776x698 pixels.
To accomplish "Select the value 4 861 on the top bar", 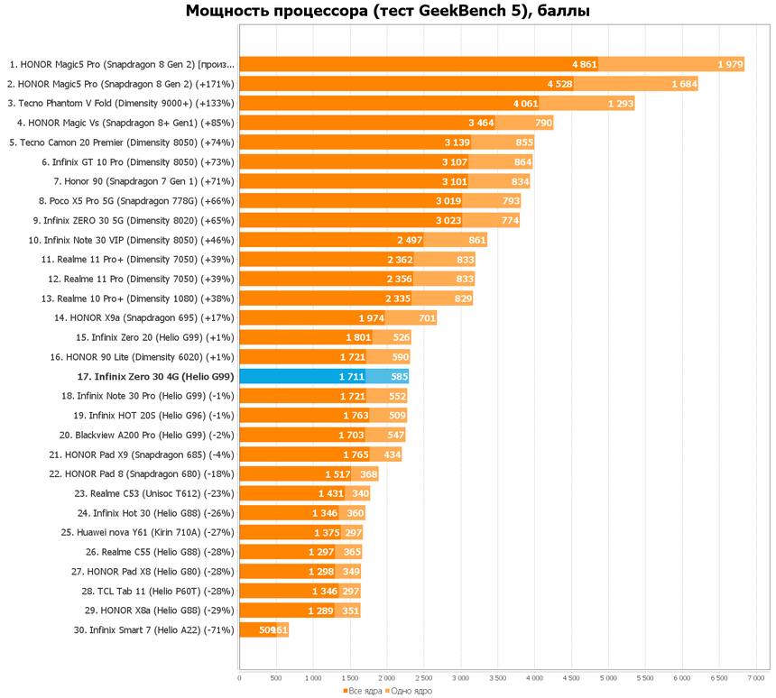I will click(x=584, y=64).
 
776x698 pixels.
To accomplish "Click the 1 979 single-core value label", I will click(x=730, y=64).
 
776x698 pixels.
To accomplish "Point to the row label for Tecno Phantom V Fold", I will click(x=120, y=103).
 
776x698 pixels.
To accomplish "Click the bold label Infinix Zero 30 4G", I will click(x=155, y=376).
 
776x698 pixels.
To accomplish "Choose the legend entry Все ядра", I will click(x=363, y=691).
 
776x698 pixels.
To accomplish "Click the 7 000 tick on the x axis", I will click(x=755, y=676).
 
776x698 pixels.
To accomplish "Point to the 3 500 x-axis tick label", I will click(x=497, y=676).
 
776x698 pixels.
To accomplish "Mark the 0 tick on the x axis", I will click(x=239, y=676).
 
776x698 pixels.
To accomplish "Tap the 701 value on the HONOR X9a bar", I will click(x=427, y=317).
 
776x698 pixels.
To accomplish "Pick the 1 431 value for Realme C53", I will click(x=331, y=493).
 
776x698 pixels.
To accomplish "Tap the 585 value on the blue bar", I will click(x=398, y=376).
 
